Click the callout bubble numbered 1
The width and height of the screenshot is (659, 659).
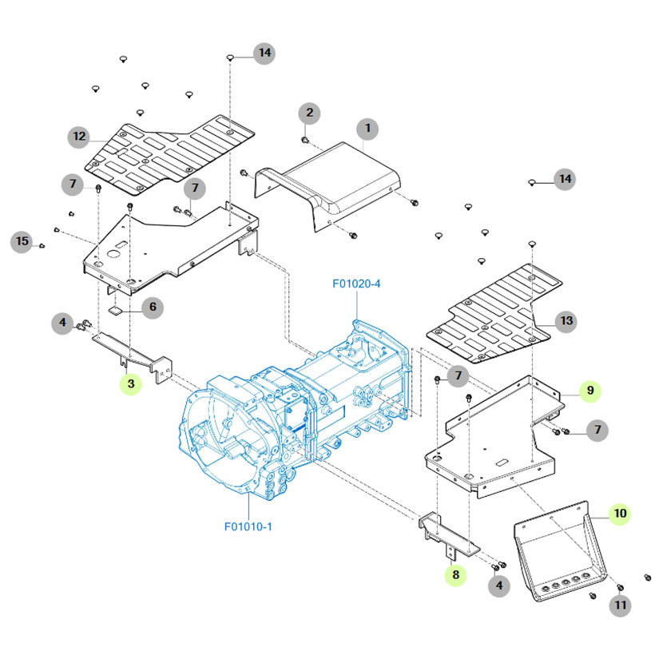[x=367, y=128]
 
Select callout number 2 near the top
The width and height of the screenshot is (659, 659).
[x=310, y=113]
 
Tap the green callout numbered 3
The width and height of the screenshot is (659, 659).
[x=131, y=385]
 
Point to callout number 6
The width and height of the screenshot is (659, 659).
[x=152, y=306]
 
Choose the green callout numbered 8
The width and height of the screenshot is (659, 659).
[x=455, y=574]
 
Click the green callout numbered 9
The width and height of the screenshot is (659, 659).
[x=590, y=390]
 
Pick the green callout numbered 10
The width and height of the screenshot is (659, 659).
[x=620, y=513]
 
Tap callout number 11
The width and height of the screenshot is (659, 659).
[x=620, y=606]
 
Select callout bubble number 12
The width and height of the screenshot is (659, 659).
[x=79, y=136]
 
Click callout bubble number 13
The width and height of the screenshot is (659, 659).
[x=566, y=321]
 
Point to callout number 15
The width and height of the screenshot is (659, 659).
[x=22, y=240]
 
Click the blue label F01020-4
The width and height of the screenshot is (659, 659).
[x=356, y=284]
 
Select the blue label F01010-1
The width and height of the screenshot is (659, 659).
[x=248, y=526]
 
